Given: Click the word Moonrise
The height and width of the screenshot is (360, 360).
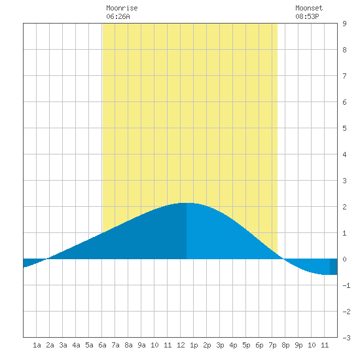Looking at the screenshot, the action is pyautogui.click(x=122, y=8).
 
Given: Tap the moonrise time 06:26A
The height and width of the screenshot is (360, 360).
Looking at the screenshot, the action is pyautogui.click(x=118, y=16).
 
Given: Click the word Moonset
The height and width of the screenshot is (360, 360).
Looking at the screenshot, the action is pyautogui.click(x=309, y=8).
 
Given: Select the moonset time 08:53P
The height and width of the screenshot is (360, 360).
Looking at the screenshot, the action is pyautogui.click(x=307, y=16).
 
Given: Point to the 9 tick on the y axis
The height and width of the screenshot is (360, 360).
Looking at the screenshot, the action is pyautogui.click(x=344, y=24).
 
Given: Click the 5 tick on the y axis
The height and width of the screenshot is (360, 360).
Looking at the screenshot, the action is pyautogui.click(x=344, y=128).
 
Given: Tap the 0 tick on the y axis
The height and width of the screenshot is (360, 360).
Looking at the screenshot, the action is pyautogui.click(x=344, y=259).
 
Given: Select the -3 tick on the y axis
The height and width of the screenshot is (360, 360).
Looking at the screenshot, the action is pyautogui.click(x=346, y=338).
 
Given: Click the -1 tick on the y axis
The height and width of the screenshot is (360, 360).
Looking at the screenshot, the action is pyautogui.click(x=346, y=285).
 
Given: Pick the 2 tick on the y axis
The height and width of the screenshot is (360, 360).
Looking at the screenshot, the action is pyautogui.click(x=344, y=207).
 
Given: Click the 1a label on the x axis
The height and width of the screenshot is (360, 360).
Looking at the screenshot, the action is pyautogui.click(x=37, y=345).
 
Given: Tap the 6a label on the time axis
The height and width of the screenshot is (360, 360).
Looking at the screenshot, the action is pyautogui.click(x=102, y=345).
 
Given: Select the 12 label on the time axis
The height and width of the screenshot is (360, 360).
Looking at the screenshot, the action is pyautogui.click(x=181, y=345).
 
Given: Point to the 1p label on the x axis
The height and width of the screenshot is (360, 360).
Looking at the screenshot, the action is pyautogui.click(x=194, y=346).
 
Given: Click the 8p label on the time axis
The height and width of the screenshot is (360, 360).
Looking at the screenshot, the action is pyautogui.click(x=285, y=346).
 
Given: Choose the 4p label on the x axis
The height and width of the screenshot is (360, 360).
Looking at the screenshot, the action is pyautogui.click(x=233, y=346).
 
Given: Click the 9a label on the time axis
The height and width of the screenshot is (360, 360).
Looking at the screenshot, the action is pyautogui.click(x=141, y=345).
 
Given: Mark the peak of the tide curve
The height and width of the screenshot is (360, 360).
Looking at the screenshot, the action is pyautogui.click(x=187, y=203).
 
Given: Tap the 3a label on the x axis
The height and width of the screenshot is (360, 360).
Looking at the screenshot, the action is pyautogui.click(x=63, y=345).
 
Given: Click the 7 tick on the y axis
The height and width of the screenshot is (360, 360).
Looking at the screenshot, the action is pyautogui.click(x=344, y=76).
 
